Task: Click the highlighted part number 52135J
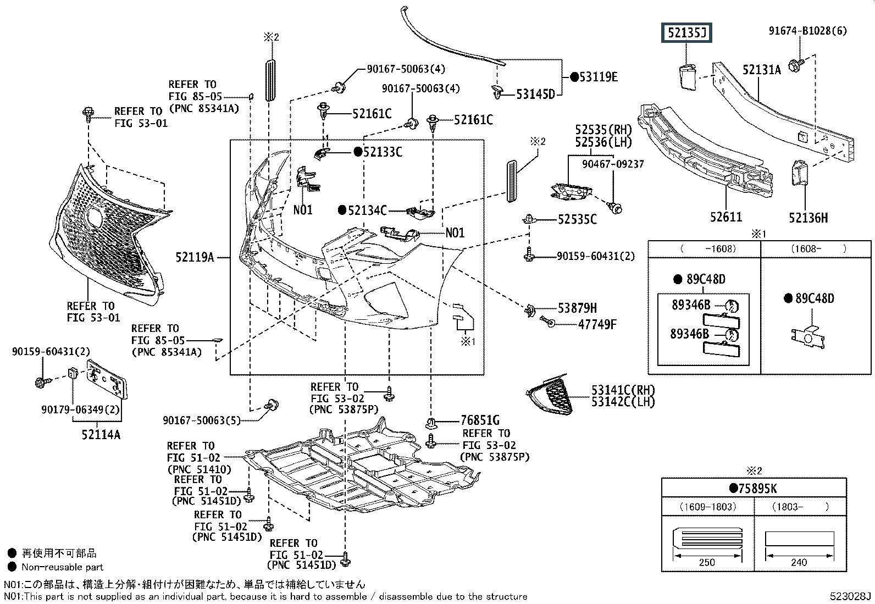click(686, 34)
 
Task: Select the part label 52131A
click(761, 70)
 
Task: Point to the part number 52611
click(726, 218)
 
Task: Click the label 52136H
click(808, 218)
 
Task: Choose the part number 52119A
click(195, 257)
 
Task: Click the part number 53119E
click(597, 77)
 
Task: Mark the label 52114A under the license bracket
click(101, 435)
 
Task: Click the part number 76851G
click(480, 421)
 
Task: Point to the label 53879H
click(577, 308)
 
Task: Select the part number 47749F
click(597, 325)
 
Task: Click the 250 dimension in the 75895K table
click(707, 562)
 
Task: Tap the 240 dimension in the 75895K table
click(799, 562)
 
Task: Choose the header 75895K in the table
click(757, 488)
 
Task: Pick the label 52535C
click(577, 219)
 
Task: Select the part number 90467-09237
click(613, 164)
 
